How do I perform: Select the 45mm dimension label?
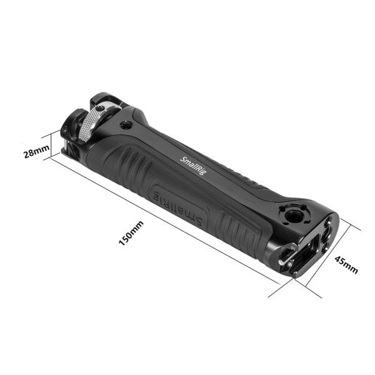pyautogui.click(x=345, y=265)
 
